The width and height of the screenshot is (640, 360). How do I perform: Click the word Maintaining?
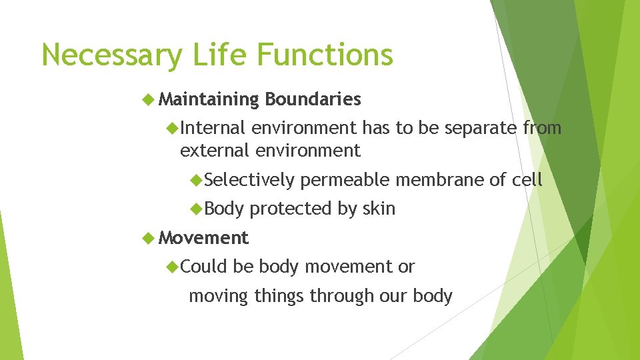209,100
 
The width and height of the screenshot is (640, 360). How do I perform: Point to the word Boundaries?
313,100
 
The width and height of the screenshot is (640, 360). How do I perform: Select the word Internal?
213,127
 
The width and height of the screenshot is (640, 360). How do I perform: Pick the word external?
214,151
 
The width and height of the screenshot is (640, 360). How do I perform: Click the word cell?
527,179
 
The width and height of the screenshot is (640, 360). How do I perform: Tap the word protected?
291,209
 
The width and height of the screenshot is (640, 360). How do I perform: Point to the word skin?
379,209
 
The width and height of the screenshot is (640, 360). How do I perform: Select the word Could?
204,267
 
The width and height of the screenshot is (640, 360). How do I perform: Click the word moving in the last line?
219,296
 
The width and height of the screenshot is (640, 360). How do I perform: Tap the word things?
279,296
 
